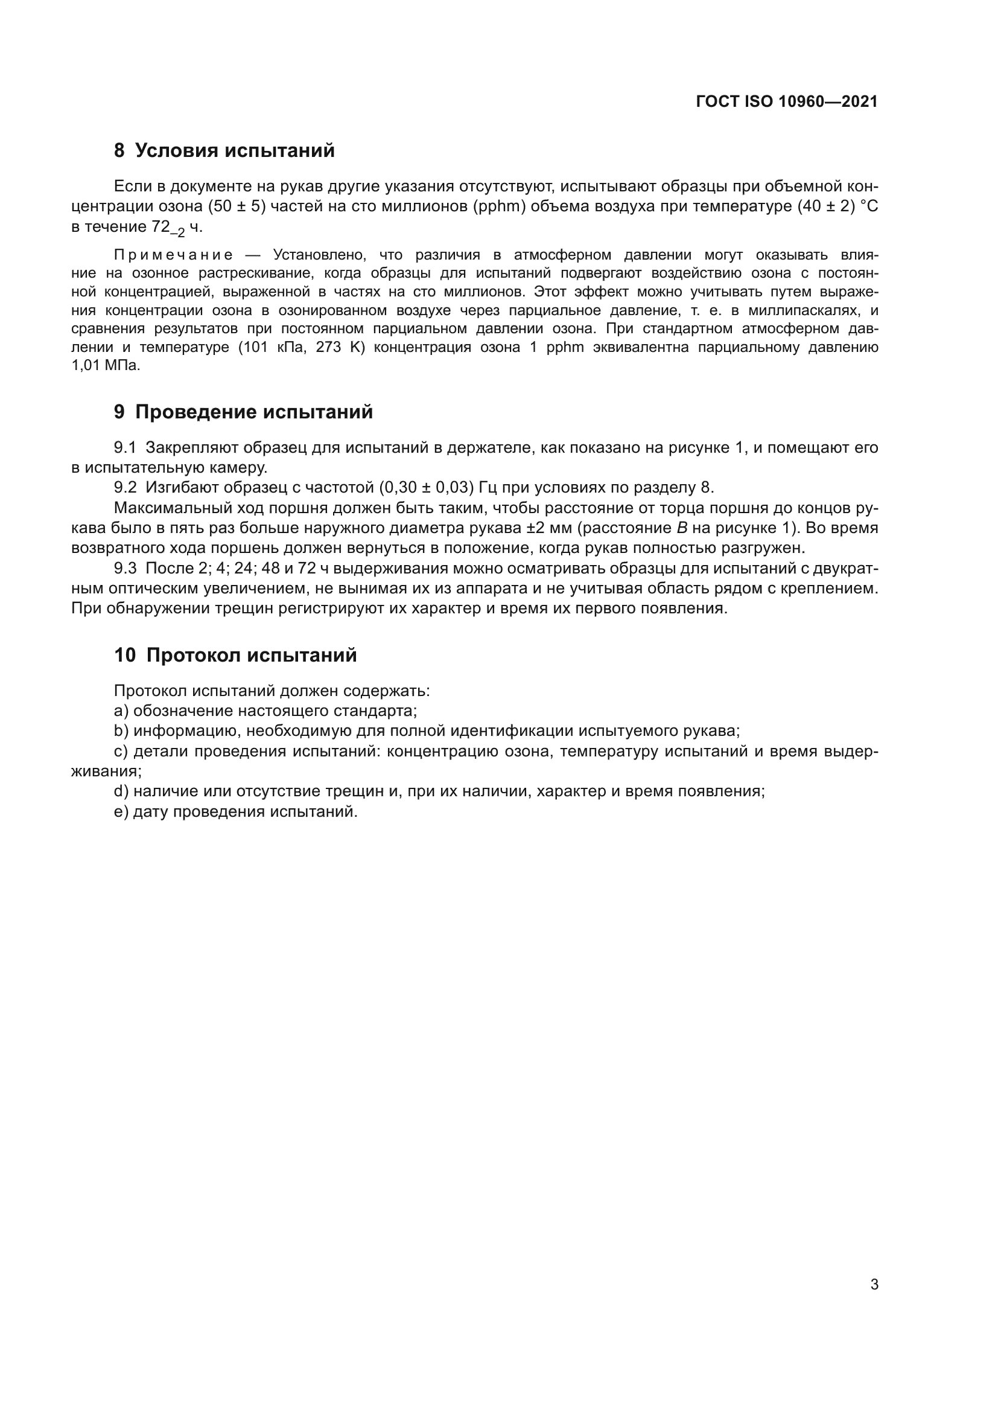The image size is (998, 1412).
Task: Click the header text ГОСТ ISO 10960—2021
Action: click(x=787, y=102)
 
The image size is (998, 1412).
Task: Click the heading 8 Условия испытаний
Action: click(x=224, y=151)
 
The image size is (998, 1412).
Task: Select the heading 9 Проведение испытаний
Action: click(x=243, y=412)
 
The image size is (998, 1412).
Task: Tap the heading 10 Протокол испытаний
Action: click(x=235, y=656)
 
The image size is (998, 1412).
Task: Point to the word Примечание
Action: click(x=173, y=255)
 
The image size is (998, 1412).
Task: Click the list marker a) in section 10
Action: click(x=121, y=711)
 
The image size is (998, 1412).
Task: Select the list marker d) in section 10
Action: click(x=121, y=791)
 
